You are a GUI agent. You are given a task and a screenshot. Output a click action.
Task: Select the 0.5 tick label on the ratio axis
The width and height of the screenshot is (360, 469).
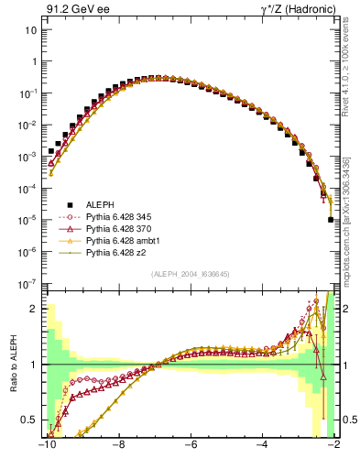click(29, 420)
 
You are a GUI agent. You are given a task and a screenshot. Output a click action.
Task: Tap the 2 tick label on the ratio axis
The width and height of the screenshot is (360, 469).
click(35, 309)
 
